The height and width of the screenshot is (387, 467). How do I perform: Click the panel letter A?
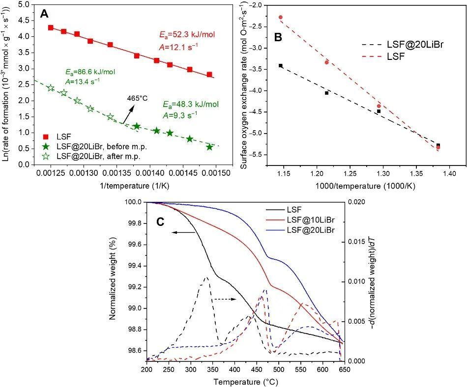pos(44,14)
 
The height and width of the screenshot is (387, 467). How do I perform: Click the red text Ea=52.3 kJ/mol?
pos(188,35)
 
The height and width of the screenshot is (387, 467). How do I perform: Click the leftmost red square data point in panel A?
pos(51,28)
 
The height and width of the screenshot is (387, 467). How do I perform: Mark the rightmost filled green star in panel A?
pos(210,147)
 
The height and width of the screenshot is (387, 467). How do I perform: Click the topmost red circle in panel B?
pos(281,17)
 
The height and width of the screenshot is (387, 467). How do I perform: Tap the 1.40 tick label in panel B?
pos(449,173)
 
